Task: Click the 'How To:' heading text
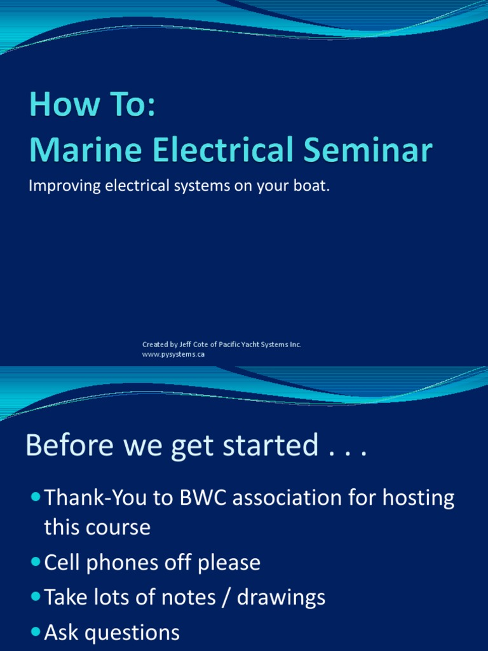coord(92,106)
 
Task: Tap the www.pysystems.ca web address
coord(173,355)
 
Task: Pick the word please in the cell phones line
coord(227,563)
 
